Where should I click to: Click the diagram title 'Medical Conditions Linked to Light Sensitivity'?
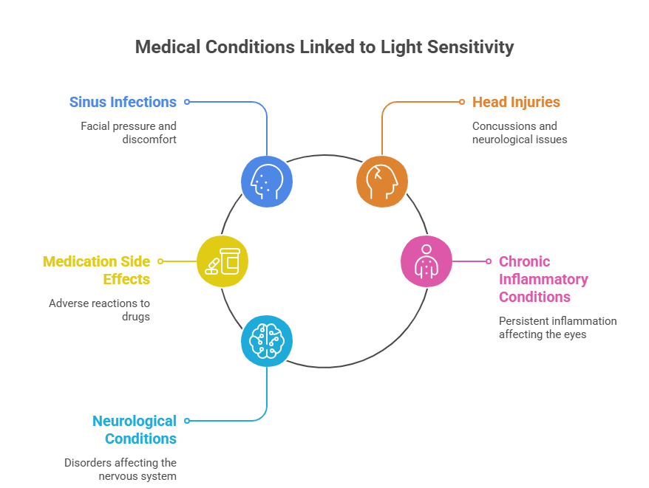324,47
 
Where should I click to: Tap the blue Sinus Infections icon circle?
267,181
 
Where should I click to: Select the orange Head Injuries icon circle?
381,181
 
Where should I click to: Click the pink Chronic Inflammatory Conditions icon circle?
427,261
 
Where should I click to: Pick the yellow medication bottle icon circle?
222,261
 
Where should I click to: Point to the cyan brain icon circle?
267,340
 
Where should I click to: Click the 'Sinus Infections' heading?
123,102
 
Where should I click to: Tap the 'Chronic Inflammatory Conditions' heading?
543,279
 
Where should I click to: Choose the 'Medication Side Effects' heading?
96,270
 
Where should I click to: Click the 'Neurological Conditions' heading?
134,430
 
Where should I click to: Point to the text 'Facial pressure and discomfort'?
129,132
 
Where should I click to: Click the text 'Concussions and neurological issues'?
520,132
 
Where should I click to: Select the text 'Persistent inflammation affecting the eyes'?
557,327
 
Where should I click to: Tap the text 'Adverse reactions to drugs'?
99,309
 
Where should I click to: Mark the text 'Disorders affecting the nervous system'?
120,469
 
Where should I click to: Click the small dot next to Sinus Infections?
187,102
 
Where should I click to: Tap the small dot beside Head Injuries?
462,102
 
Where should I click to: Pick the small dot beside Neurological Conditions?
187,421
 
